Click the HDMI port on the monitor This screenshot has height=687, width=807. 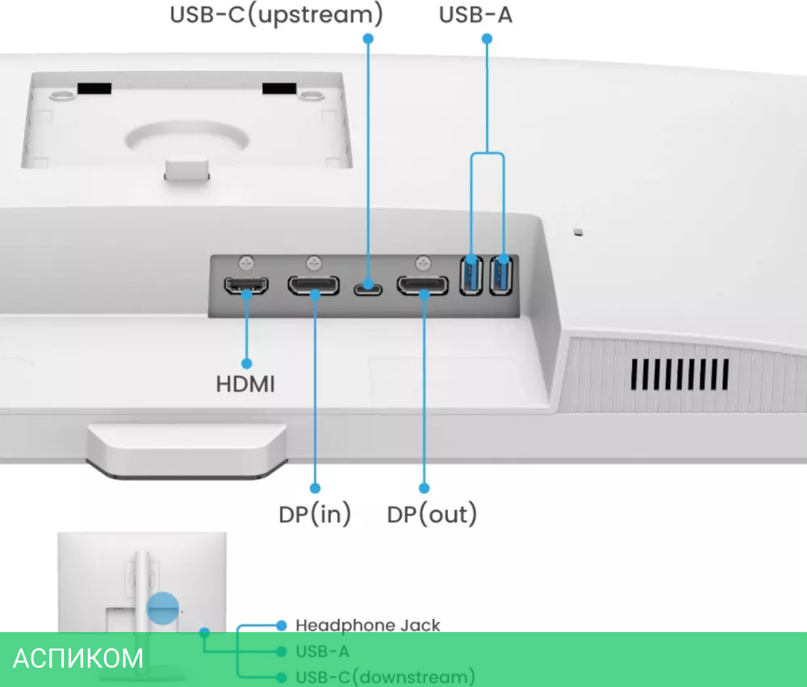click(x=246, y=286)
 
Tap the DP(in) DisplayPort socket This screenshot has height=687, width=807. click(x=314, y=285)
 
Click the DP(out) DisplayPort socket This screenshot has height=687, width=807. click(x=422, y=285)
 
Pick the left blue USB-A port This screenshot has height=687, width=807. click(x=471, y=274)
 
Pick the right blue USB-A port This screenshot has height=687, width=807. click(x=502, y=274)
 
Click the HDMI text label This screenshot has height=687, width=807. click(x=245, y=384)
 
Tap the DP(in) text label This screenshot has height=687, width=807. click(x=315, y=514)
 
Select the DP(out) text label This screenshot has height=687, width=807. click(x=432, y=514)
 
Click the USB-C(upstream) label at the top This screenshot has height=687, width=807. click(x=276, y=15)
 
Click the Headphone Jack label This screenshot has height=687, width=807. click(x=368, y=625)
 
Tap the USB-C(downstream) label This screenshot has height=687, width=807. click(x=385, y=677)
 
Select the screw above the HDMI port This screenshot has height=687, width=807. click(x=247, y=262)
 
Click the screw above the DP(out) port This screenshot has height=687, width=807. click(x=423, y=262)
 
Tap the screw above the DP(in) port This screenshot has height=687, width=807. click(x=315, y=262)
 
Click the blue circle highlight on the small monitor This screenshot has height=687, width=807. click(x=162, y=608)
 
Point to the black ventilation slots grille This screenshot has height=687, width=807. click(x=679, y=374)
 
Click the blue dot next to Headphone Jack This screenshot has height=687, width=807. click(x=281, y=625)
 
